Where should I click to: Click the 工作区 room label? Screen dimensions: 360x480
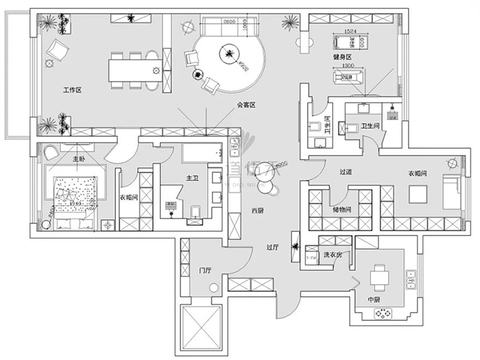pyautogui.click(x=72, y=90)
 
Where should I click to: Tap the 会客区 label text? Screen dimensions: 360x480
pyautogui.click(x=245, y=105)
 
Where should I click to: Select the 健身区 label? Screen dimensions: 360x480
pyautogui.click(x=341, y=57)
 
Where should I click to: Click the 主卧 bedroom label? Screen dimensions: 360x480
pyautogui.click(x=78, y=159)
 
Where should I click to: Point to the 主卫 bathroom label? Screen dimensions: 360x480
pyautogui.click(x=192, y=178)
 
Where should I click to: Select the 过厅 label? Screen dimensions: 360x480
pyautogui.click(x=272, y=249)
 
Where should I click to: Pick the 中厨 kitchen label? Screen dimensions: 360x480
pyautogui.click(x=374, y=300)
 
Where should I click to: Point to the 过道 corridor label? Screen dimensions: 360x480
pyautogui.click(x=346, y=172)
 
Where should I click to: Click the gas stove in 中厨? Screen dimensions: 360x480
pyautogui.click(x=382, y=313)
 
